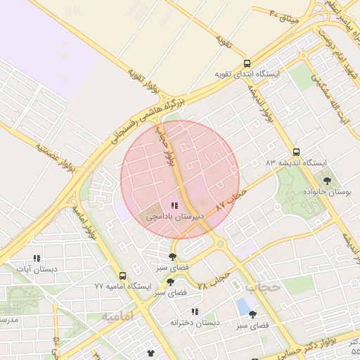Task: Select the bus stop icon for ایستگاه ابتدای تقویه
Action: click(245, 63)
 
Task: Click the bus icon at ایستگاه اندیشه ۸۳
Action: click(296, 151)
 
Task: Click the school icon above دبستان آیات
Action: click(37, 258)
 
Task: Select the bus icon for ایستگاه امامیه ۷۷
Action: click(123, 276)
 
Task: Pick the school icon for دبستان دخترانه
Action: click(195, 311)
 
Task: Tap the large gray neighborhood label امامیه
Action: click(117, 317)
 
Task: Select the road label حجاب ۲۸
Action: click(214, 280)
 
